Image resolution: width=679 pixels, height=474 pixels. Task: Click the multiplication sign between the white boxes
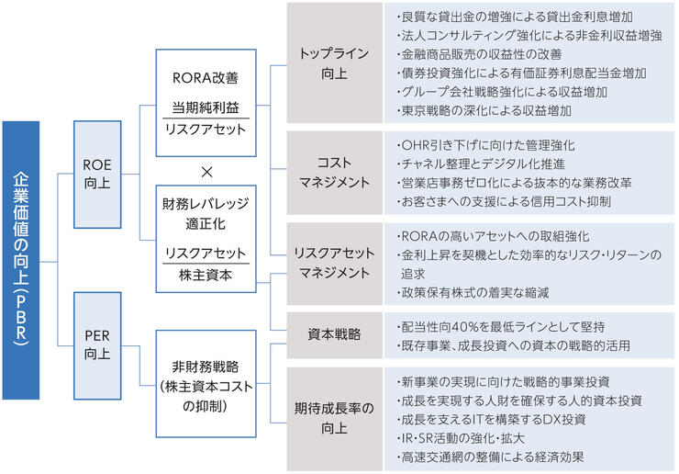[x=206, y=170]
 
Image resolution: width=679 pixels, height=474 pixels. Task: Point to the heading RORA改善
[x=206, y=77]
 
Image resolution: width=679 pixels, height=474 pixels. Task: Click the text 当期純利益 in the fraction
[x=206, y=108]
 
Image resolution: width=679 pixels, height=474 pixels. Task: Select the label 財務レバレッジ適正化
[x=206, y=210]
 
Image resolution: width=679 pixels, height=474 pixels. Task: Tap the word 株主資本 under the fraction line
[x=206, y=274]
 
